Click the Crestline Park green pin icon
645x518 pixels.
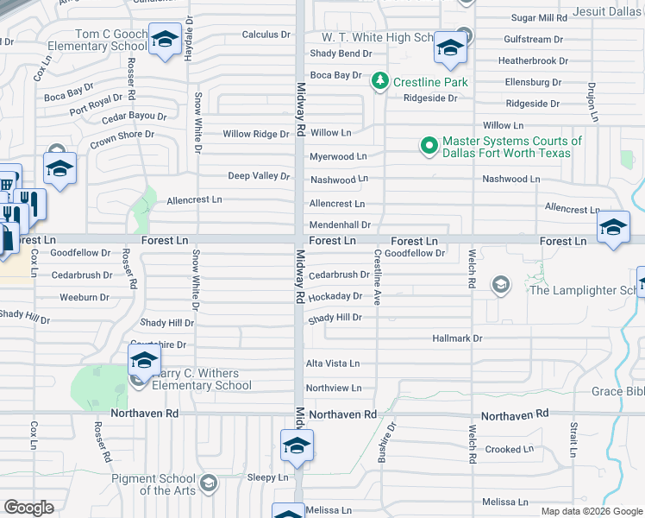(x=379, y=82)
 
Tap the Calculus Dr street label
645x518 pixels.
(x=266, y=35)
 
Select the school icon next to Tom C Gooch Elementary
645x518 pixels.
(x=165, y=40)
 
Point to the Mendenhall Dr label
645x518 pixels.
(x=340, y=224)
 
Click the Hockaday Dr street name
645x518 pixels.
(x=335, y=296)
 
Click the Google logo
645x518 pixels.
(x=28, y=507)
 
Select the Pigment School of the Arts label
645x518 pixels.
(x=153, y=484)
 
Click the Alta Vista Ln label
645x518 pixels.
(x=333, y=364)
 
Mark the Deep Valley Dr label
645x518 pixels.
(x=258, y=176)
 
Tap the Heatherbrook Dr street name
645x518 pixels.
(x=533, y=61)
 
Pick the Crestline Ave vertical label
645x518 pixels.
(x=377, y=276)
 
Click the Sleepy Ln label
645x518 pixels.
(x=267, y=477)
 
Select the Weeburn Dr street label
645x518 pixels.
(x=84, y=297)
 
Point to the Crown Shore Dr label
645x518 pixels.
(x=122, y=136)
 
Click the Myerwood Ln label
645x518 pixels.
(x=338, y=156)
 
